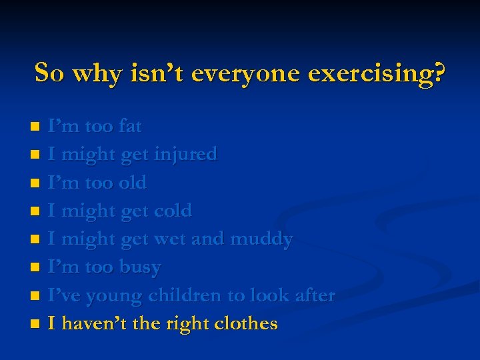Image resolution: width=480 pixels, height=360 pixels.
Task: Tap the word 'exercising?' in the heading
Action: pyautogui.click(x=377, y=73)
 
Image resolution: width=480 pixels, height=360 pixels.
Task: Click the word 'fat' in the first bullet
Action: pyautogui.click(x=130, y=126)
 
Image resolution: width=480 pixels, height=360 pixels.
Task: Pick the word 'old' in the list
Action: pyautogui.click(x=133, y=183)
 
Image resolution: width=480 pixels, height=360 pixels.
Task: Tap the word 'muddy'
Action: pyautogui.click(x=261, y=239)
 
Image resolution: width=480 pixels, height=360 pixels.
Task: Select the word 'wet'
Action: pyautogui.click(x=170, y=239)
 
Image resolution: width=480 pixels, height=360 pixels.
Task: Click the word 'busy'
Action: pyautogui.click(x=140, y=267)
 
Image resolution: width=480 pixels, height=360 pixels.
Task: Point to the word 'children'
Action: pyautogui.click(x=188, y=295)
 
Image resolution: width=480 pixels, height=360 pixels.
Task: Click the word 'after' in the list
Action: pyautogui.click(x=313, y=295)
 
